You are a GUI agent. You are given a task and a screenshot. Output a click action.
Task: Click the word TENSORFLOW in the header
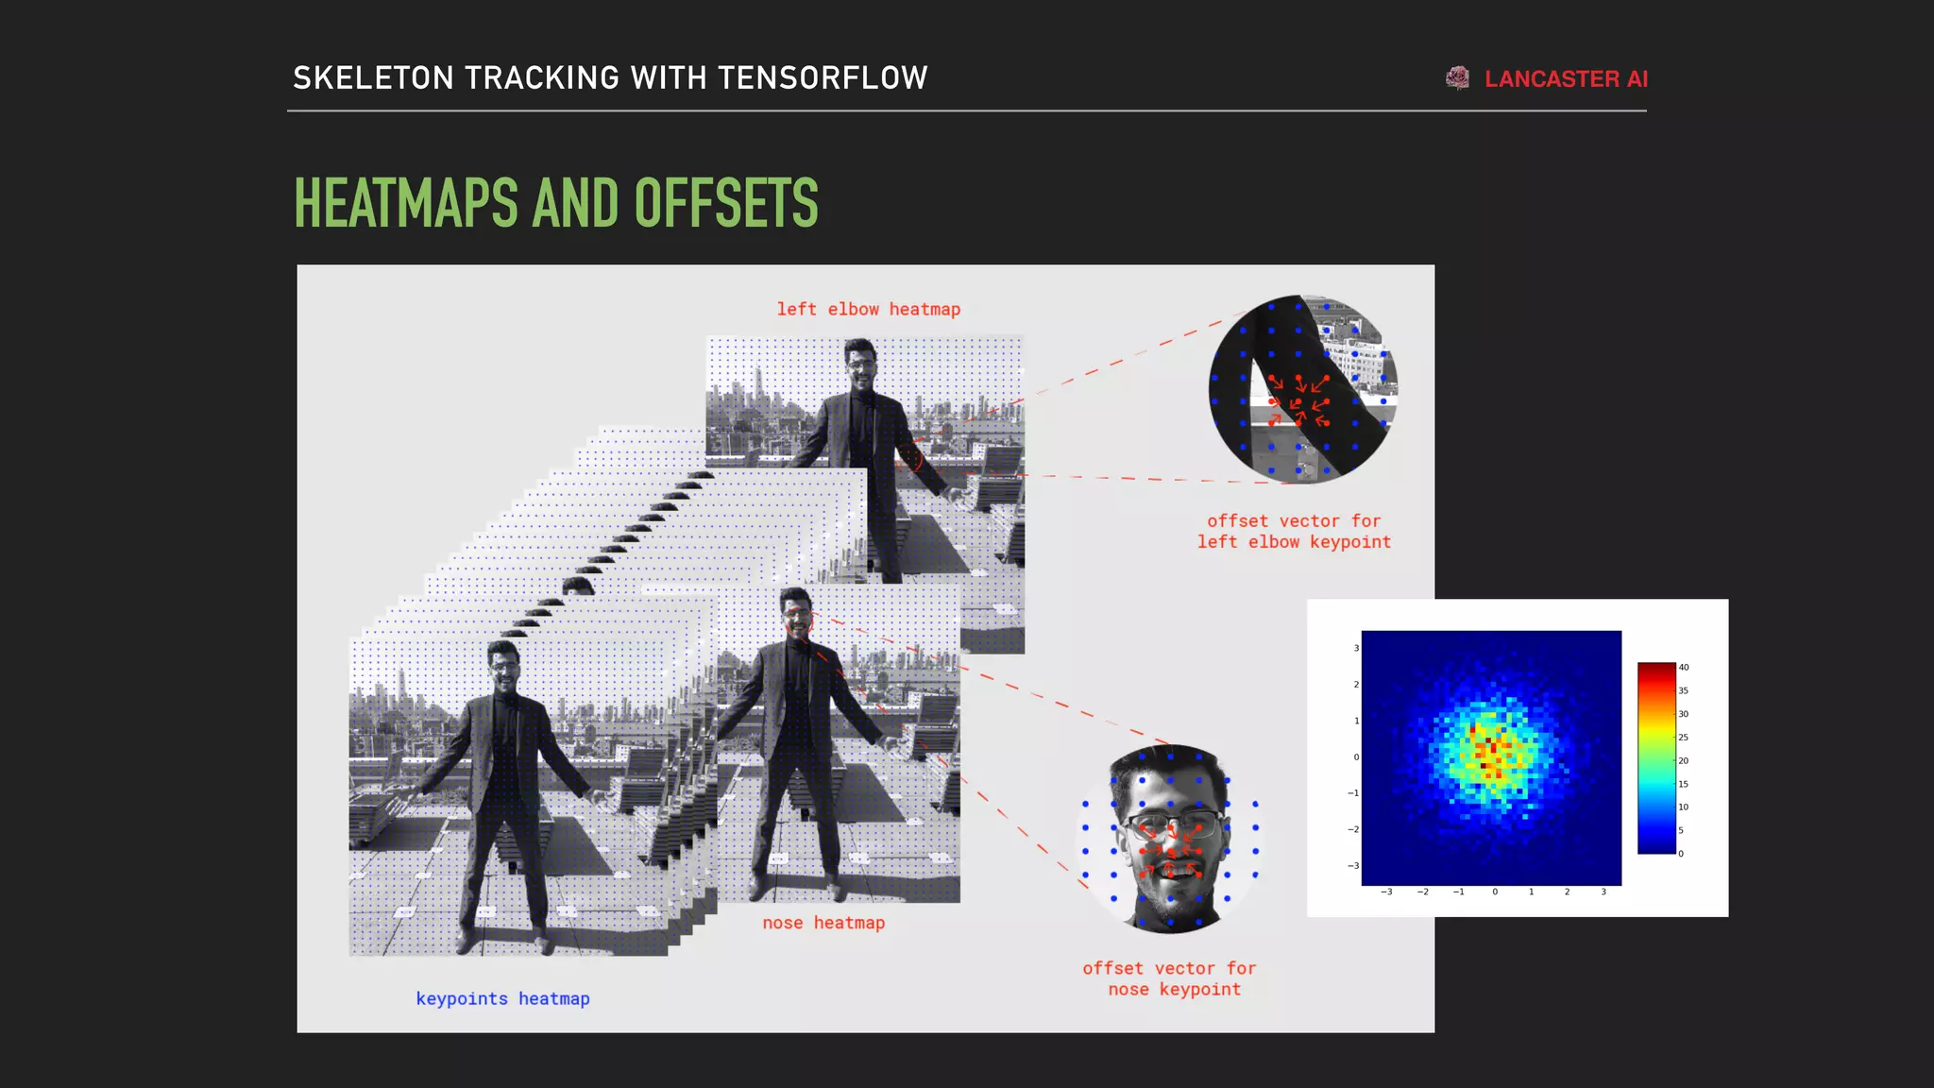pos(823,77)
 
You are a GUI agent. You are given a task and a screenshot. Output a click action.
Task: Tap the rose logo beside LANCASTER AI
pos(1457,78)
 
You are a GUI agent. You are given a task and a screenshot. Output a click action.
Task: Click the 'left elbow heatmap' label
pos(868,309)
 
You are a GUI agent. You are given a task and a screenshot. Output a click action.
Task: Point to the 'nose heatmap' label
pos(823,923)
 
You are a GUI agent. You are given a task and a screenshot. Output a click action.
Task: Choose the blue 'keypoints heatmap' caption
pos(502,998)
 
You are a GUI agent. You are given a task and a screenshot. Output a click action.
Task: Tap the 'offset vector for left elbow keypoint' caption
pos(1294,531)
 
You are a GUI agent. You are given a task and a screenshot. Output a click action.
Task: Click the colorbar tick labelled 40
pos(1683,667)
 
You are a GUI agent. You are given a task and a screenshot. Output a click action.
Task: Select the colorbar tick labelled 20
pos(1683,760)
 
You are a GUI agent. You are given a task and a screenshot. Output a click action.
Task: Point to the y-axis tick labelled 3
pos(1356,648)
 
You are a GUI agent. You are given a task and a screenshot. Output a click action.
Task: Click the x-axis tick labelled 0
pos(1495,892)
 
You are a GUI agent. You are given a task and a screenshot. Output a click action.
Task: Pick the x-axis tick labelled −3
pos(1386,892)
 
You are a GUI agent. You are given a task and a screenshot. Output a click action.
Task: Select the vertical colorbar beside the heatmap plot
pos(1656,758)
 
